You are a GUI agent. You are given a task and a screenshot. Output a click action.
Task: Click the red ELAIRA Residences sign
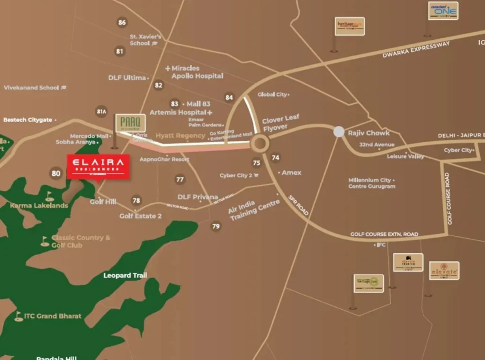click(98, 167)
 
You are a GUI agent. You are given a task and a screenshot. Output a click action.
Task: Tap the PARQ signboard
click(130, 123)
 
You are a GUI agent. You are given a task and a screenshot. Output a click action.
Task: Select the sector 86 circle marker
click(122, 22)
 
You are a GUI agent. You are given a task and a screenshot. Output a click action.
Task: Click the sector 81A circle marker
click(101, 112)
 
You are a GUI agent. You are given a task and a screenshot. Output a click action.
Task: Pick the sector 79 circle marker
click(216, 226)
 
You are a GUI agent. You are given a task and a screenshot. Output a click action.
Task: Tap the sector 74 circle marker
click(275, 158)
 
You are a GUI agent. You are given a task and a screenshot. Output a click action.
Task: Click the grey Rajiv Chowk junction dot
click(339, 132)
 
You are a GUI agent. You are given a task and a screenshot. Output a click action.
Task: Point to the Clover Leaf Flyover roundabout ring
click(260, 143)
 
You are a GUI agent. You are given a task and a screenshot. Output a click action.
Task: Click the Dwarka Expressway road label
click(416, 50)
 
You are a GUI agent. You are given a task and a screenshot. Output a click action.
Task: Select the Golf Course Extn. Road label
click(384, 234)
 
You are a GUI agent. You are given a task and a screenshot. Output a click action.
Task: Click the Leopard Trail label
click(125, 275)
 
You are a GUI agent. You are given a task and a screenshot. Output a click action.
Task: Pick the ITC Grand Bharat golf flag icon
click(18, 316)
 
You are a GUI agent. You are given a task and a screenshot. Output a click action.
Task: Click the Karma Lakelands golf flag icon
click(49, 196)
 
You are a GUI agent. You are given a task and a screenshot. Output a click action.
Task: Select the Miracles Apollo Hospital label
click(194, 72)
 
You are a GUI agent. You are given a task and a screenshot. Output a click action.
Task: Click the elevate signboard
click(444, 270)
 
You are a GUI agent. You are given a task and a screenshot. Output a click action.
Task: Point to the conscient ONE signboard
click(443, 10)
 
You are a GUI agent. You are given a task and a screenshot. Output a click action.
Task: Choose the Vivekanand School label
click(32, 88)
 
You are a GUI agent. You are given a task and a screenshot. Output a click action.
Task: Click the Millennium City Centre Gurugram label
click(372, 183)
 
